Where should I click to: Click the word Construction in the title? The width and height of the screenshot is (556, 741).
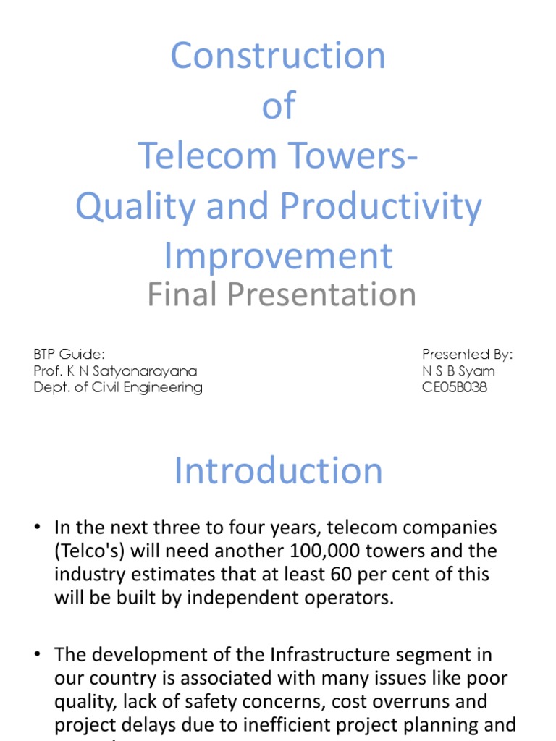coord(278,56)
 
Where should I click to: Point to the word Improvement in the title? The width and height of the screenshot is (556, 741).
coord(278,256)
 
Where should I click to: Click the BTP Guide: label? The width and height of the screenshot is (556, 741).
coord(69,354)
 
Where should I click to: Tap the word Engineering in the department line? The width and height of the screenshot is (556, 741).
coord(164,387)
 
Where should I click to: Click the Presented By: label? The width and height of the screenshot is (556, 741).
coord(468,354)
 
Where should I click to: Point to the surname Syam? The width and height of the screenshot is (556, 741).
coord(479,370)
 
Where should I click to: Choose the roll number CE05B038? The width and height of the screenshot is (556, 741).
coord(455,387)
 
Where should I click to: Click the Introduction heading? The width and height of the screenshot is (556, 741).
coord(278,471)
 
